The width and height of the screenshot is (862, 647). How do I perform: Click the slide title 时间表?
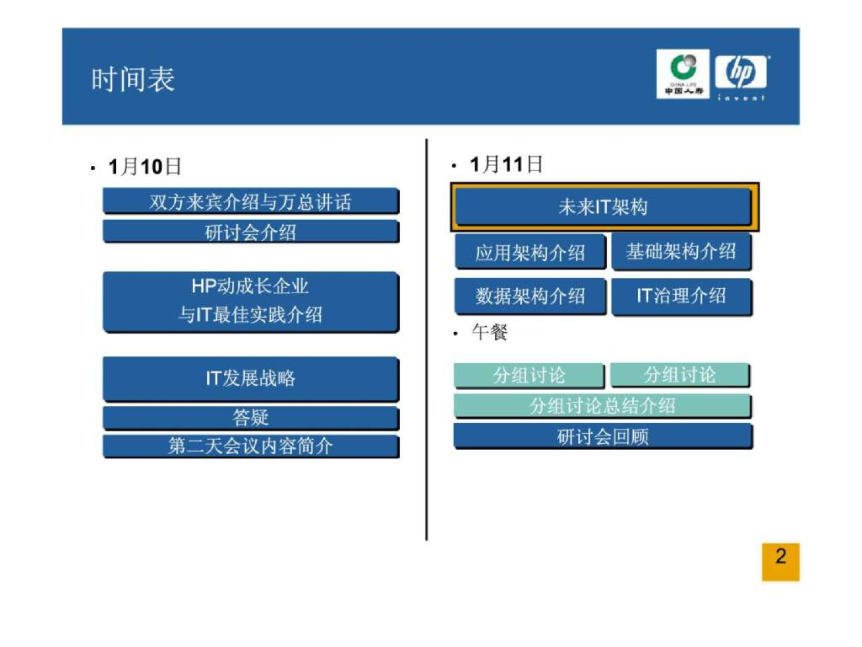coord(133,79)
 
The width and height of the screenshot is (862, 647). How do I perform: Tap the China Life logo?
coord(683,75)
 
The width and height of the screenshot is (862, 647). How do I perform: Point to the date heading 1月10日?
coord(145,167)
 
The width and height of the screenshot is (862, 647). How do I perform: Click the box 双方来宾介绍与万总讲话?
coord(250,202)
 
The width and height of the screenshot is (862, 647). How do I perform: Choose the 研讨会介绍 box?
coord(250,232)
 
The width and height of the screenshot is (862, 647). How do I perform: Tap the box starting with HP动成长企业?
coord(250,301)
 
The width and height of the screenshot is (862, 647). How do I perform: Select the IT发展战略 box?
coord(250,378)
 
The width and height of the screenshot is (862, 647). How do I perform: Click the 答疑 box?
coord(250,418)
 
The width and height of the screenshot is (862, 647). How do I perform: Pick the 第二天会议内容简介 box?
coord(250,446)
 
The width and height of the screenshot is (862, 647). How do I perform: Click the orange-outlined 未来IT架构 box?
coord(603,207)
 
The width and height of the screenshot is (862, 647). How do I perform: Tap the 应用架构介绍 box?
coord(530,253)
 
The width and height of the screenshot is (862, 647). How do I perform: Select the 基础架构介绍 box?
coord(681,251)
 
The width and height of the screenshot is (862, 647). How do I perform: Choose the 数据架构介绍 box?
coord(530,296)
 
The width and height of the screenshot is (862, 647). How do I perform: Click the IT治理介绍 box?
coord(681,296)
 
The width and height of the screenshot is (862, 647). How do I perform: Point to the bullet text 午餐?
coord(489,334)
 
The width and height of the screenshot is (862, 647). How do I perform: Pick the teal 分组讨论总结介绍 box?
coord(603,406)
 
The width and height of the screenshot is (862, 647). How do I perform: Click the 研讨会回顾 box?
coord(603,436)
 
